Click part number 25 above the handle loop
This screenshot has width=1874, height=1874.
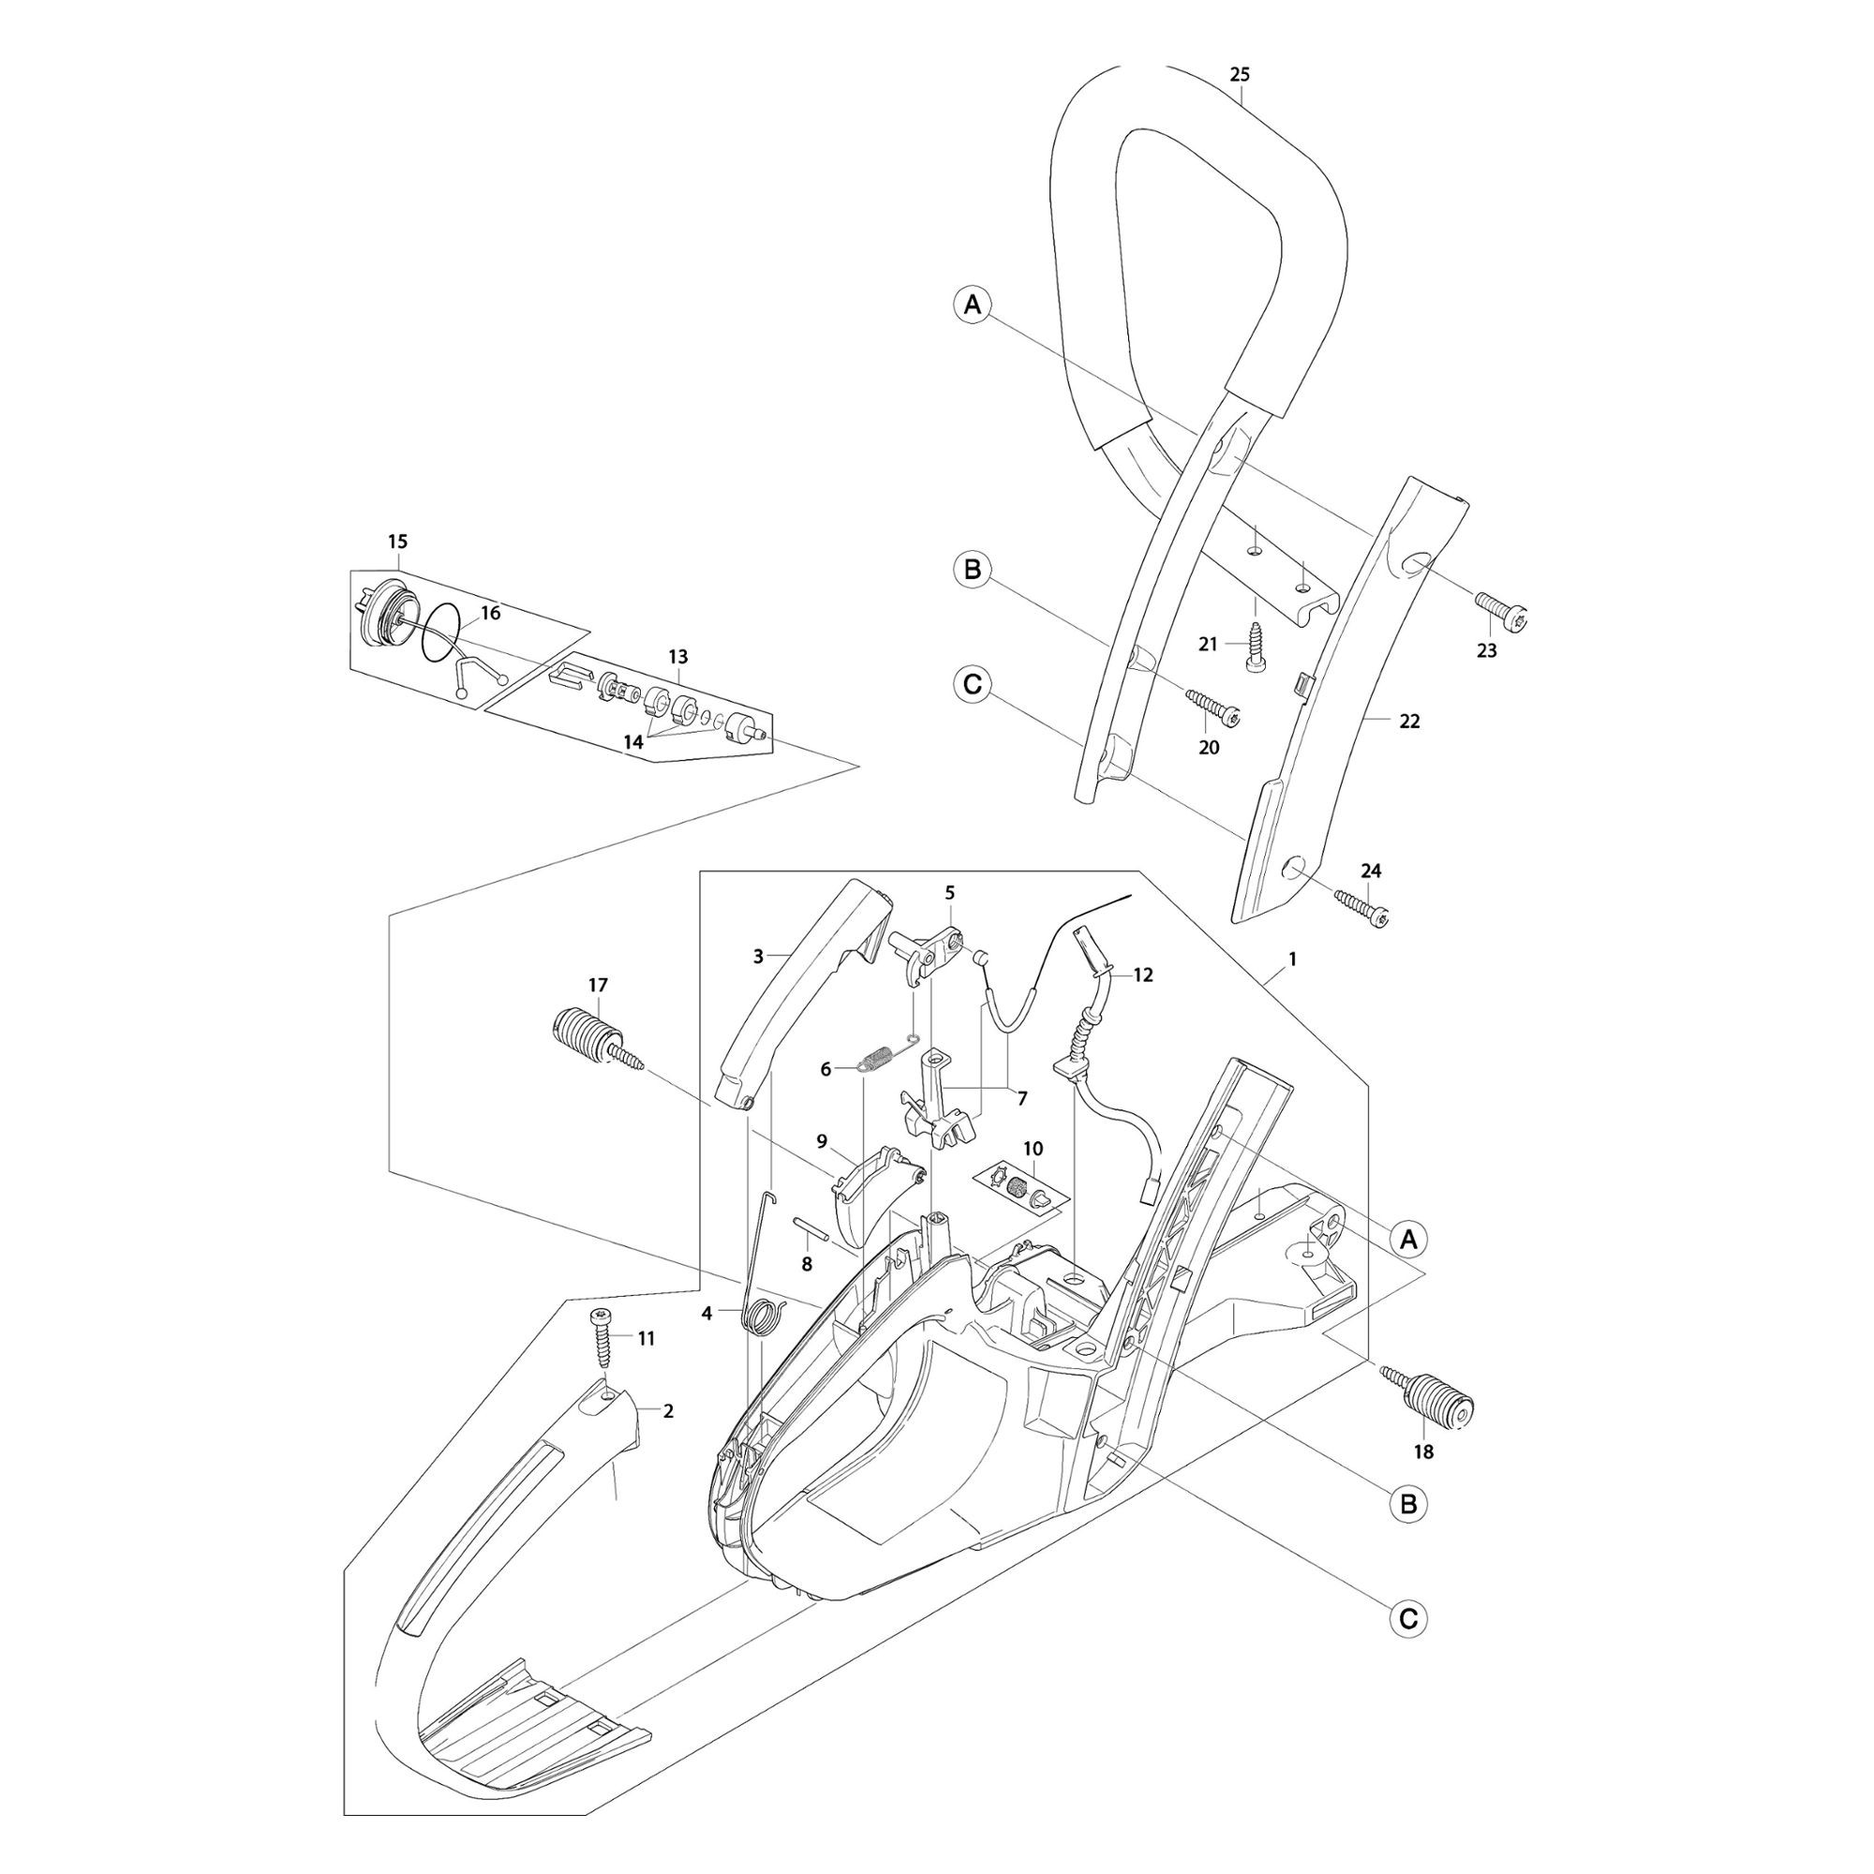[1239, 75]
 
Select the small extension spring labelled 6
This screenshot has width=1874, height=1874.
[886, 1055]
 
